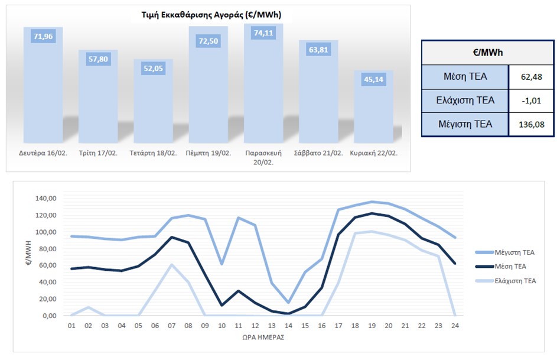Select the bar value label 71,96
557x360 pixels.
click(x=43, y=37)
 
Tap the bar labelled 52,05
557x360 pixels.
click(x=154, y=69)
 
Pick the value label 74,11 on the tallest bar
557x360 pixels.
click(x=263, y=34)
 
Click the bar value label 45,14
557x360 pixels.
click(x=373, y=80)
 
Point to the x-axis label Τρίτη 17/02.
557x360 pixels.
click(x=99, y=153)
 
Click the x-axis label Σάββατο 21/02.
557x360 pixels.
click(x=318, y=153)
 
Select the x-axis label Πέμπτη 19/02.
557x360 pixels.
click(x=209, y=153)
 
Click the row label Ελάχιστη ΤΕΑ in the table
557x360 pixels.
click(x=465, y=100)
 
